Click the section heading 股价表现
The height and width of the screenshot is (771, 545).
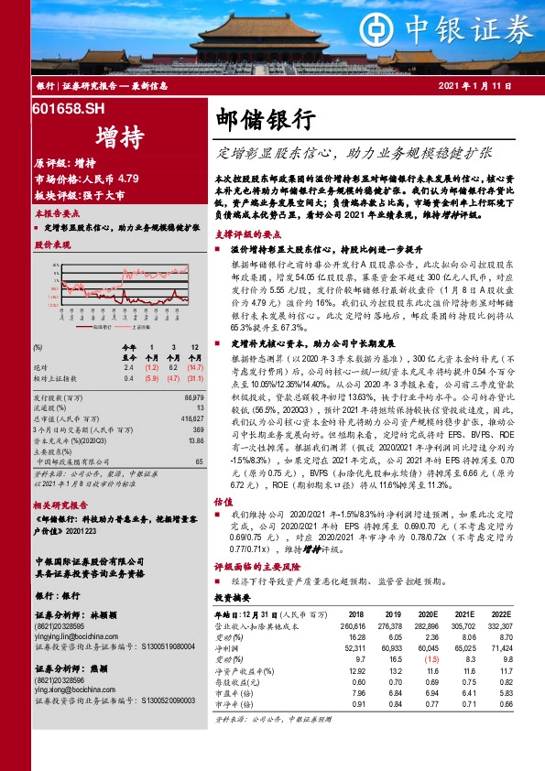(52, 246)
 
